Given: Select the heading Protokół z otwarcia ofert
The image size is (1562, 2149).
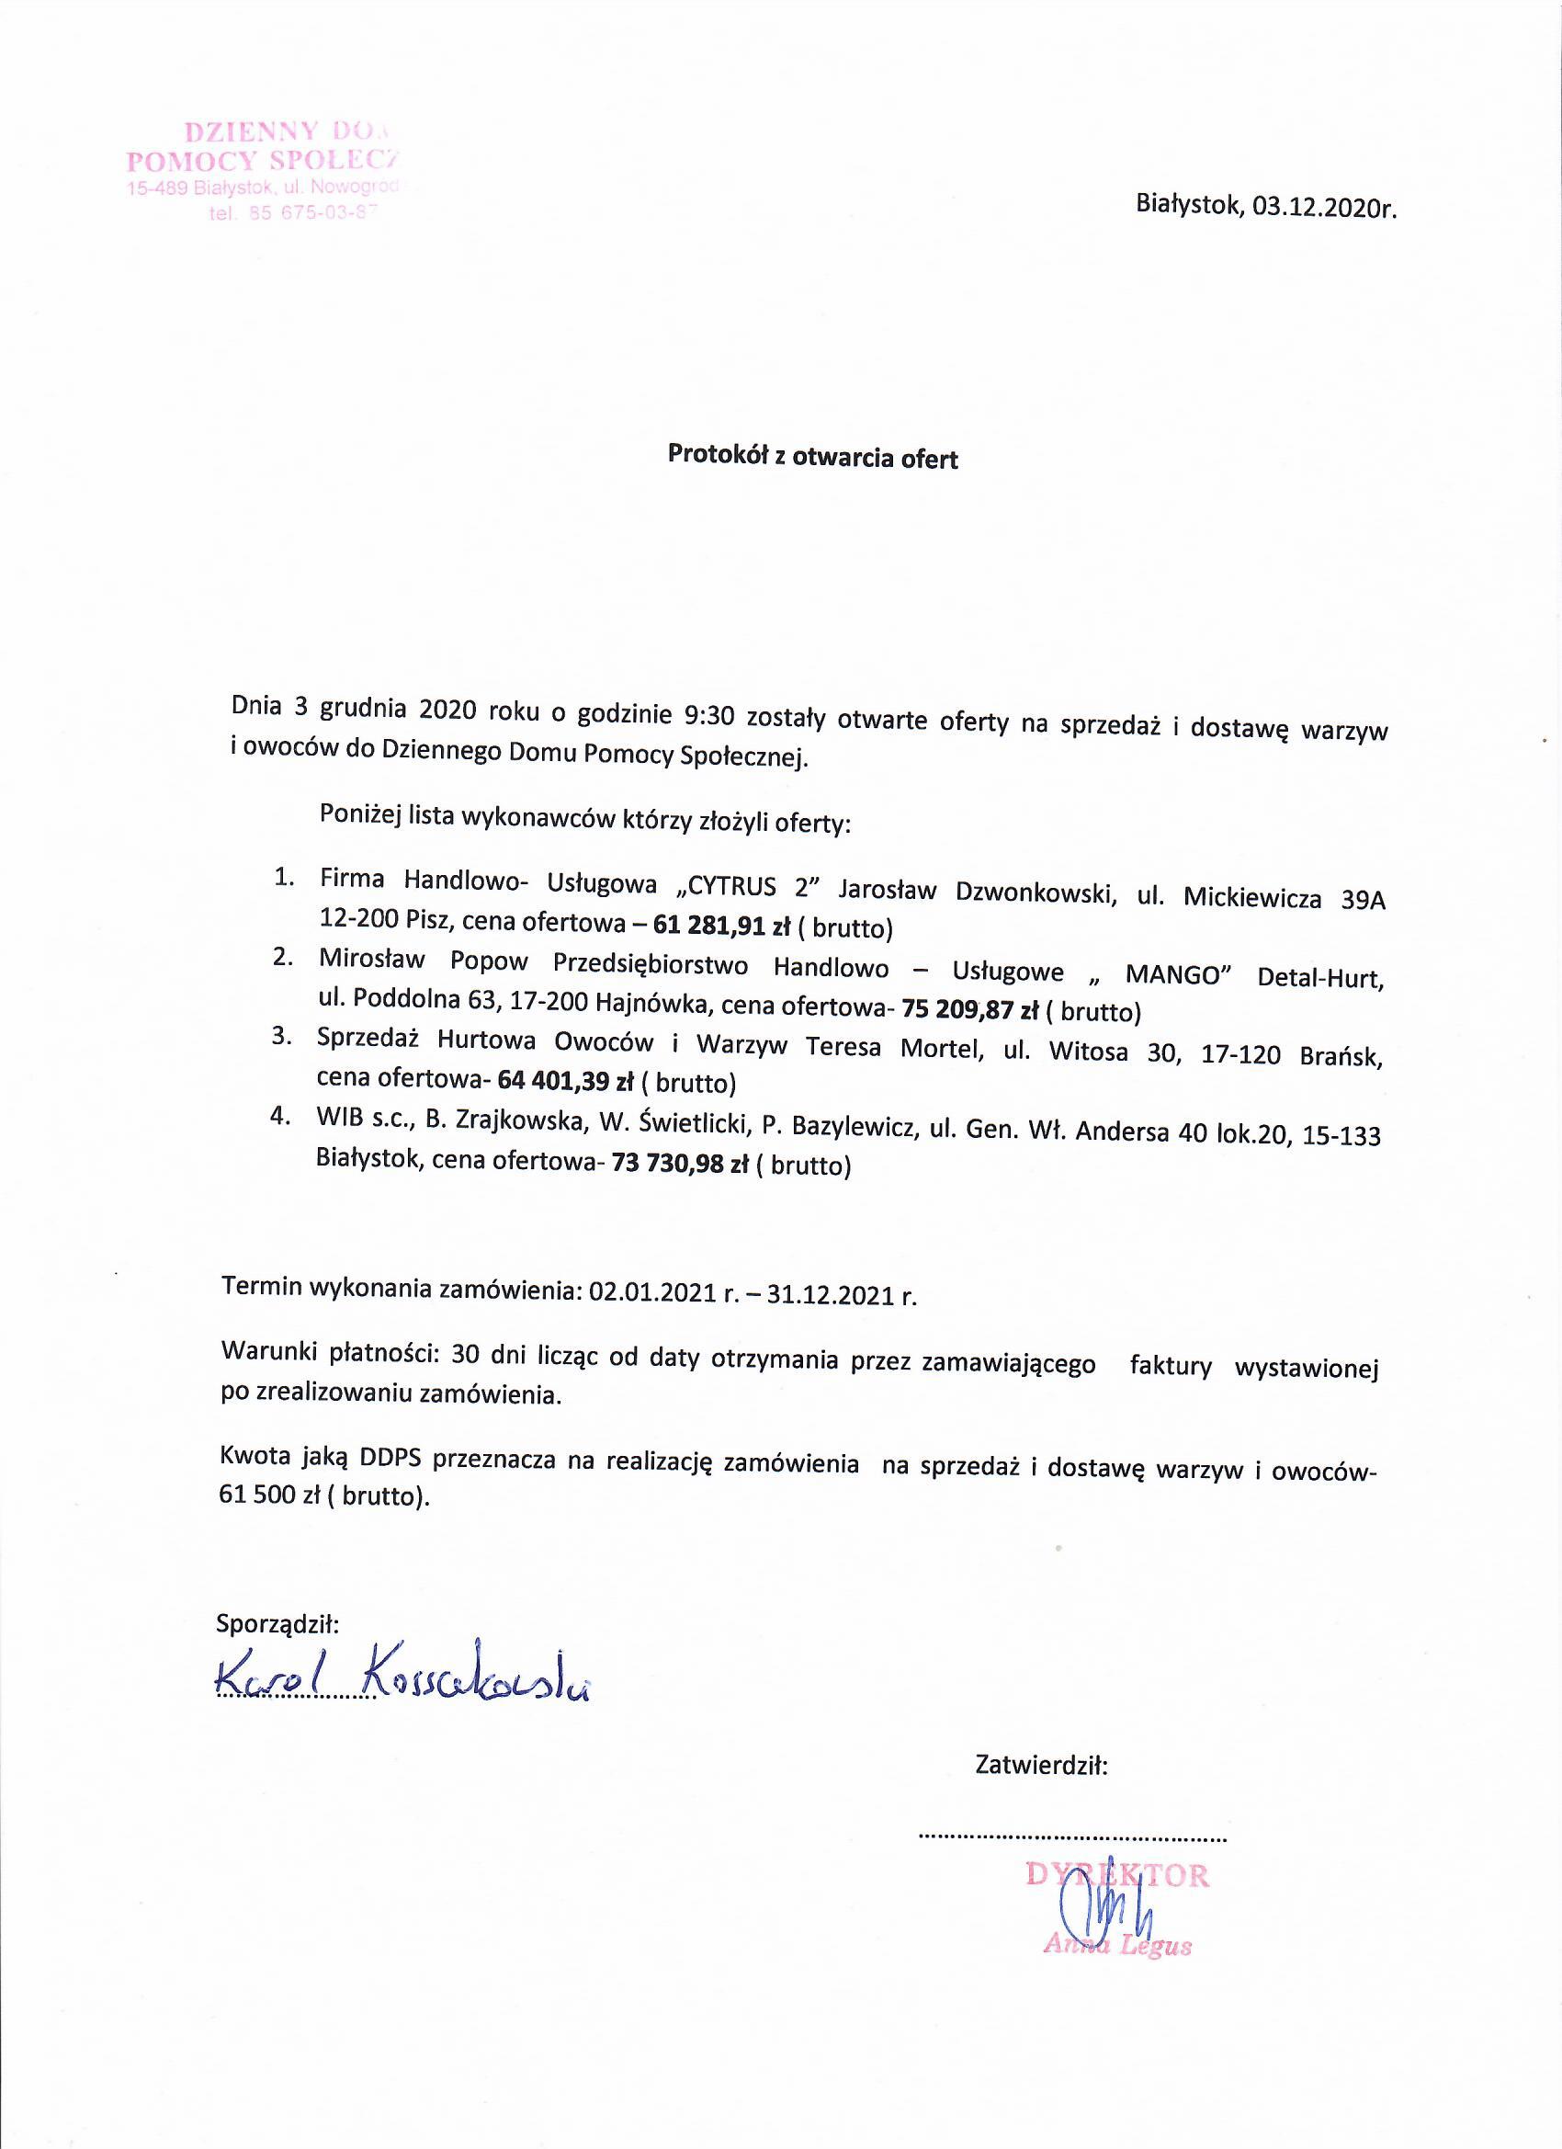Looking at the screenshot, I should [813, 458].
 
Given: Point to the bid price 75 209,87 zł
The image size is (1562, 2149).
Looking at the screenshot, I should [971, 1010].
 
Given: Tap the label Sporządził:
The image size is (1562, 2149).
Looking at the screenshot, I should [277, 1623].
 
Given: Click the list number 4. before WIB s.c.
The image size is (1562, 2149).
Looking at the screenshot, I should [279, 1116].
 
